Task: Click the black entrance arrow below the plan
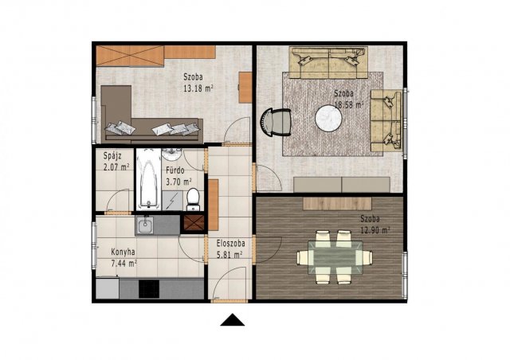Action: pos(232,320)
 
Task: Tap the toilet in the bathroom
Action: pos(193,199)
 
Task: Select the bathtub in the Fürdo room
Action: pos(149,179)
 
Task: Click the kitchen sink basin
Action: pos(145,225)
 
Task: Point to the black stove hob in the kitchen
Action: pos(149,289)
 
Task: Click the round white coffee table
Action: pos(328,118)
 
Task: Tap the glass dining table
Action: pos(335,257)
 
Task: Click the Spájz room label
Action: pos(112,156)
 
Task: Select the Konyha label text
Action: pos(123,252)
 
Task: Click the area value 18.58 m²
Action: pos(349,104)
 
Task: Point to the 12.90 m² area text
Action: pos(375,230)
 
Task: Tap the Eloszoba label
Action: pos(230,243)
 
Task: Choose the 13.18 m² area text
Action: pos(198,88)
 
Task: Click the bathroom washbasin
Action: pos(172,155)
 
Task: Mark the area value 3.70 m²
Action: pos(178,182)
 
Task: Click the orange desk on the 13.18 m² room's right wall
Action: pos(245,88)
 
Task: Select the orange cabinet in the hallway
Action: pos(213,205)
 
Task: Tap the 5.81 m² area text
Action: pos(229,255)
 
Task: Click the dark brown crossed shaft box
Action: pos(194,223)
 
